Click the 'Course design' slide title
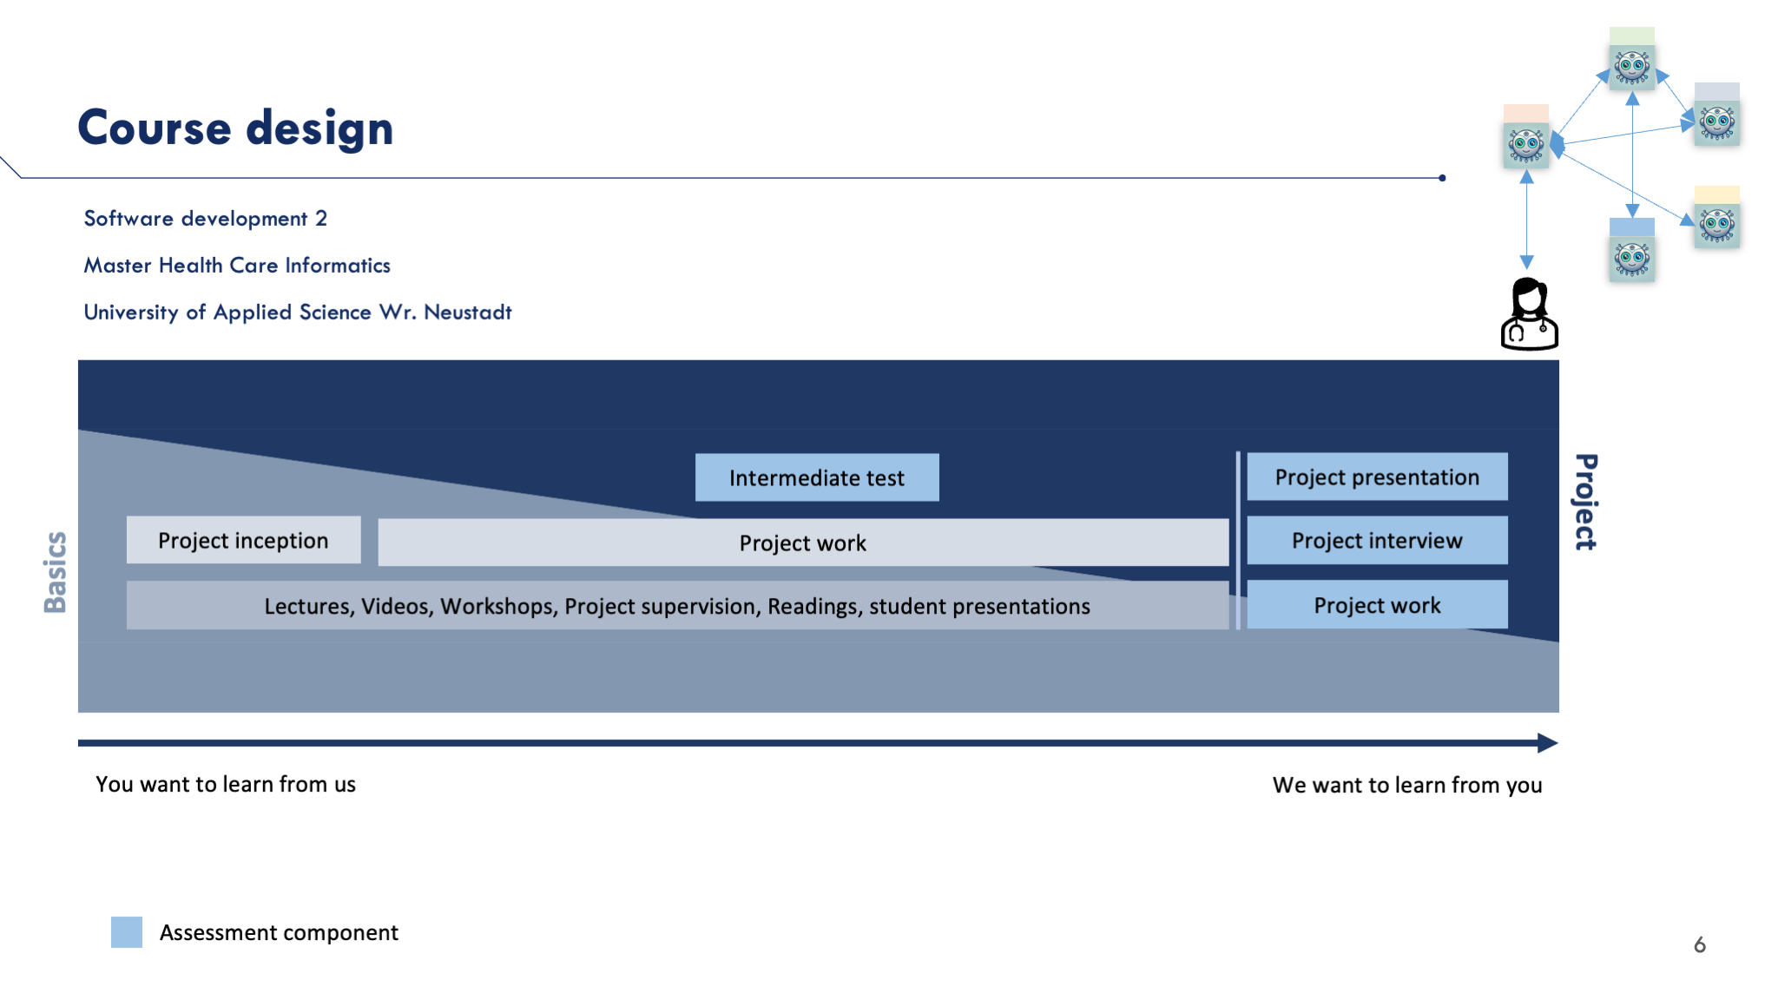235,128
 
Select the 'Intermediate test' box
817,477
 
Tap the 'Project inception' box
244,540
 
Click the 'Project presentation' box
1377,477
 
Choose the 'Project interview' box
1377,540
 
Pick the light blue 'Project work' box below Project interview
1377,604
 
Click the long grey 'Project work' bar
803,543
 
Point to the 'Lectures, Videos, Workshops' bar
677,605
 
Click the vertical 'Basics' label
55,572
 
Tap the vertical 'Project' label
1586,502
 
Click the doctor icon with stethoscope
1530,314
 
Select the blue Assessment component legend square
127,932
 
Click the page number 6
1700,944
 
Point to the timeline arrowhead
1548,743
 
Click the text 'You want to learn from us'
226,785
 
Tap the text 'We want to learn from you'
1407,786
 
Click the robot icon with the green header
1632,59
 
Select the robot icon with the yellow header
1717,217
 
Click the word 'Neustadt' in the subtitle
468,312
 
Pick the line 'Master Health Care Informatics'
237,266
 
